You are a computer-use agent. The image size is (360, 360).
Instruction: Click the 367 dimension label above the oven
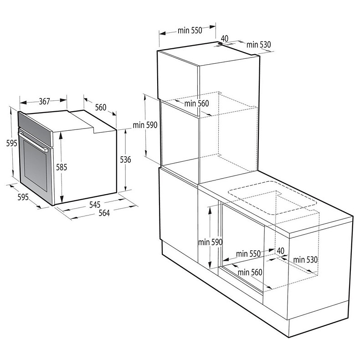pos(44,101)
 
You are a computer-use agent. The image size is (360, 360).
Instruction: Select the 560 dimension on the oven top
pos(100,108)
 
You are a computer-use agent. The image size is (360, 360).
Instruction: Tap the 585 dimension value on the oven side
pos(62,167)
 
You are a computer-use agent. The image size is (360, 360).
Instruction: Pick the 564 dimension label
pos(104,214)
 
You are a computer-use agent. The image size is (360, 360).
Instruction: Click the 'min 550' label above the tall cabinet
pos(190,31)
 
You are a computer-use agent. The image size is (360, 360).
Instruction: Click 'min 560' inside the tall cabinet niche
pos(196,103)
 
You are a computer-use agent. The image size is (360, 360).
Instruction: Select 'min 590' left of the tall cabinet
pos(145,125)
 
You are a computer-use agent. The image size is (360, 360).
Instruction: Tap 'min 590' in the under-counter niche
pos(210,242)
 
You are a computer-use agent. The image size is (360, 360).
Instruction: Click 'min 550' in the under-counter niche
pos(248,253)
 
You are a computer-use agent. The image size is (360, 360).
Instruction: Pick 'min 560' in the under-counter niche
pos(250,272)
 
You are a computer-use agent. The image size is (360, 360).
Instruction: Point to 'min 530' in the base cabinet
pos(305,259)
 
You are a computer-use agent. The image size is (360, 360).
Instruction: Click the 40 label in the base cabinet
pos(280,251)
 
